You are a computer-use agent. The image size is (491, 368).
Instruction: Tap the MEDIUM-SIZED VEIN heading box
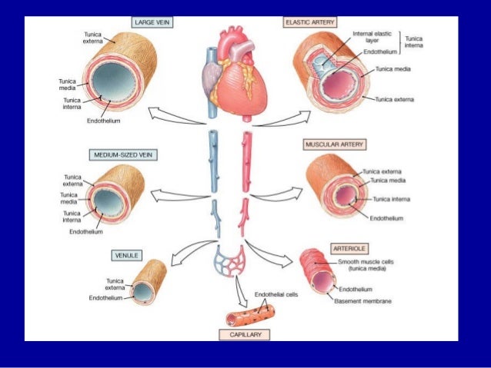click(x=119, y=154)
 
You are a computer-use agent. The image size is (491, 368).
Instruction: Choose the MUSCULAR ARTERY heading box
click(x=335, y=144)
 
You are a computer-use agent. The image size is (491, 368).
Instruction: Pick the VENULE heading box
click(x=126, y=254)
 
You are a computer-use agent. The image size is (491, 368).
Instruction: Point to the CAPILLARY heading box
click(x=244, y=335)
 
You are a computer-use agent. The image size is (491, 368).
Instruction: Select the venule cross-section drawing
click(x=148, y=283)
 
